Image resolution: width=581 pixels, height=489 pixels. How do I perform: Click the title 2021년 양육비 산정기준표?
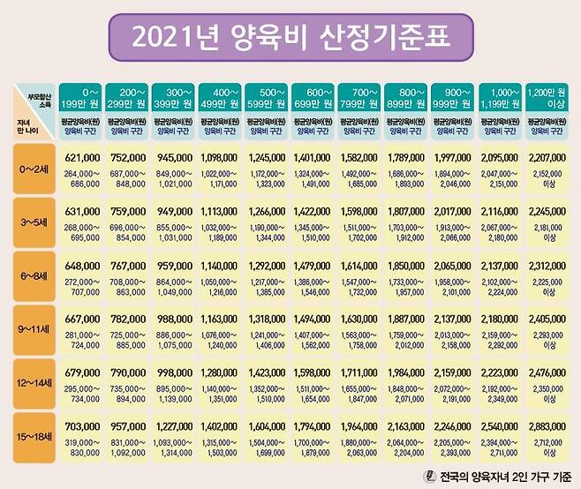coord(290,38)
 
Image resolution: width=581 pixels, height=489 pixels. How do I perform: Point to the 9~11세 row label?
coord(35,330)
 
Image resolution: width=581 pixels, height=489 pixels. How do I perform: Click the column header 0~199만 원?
coord(81,95)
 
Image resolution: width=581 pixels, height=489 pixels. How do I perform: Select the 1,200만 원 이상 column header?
coord(547,95)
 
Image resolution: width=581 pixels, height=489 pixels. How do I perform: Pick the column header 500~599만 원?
coord(268,95)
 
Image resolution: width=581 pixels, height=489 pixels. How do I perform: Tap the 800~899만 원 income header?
coord(407,95)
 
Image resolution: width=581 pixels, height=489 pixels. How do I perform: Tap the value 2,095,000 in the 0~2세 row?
coord(501,157)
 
